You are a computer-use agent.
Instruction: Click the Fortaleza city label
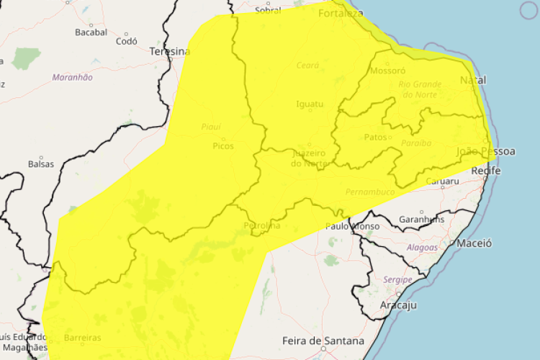[341, 14]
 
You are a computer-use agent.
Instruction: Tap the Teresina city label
[170, 52]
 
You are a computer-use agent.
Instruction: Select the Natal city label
[473, 80]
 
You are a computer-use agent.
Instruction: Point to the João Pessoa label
[486, 151]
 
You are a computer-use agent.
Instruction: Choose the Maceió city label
[474, 243]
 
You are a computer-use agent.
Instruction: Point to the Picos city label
[223, 145]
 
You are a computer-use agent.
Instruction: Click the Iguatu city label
[310, 104]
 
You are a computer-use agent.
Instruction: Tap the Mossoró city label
[387, 71]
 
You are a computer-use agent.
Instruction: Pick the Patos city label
[376, 137]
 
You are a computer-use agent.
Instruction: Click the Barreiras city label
[81, 338]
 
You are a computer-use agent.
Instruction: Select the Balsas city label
[41, 163]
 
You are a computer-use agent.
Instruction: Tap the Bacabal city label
[91, 32]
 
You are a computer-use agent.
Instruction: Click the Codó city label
[127, 41]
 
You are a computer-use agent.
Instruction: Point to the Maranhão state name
[72, 76]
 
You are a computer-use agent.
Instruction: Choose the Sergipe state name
[397, 279]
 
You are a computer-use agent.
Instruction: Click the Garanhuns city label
[421, 219]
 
